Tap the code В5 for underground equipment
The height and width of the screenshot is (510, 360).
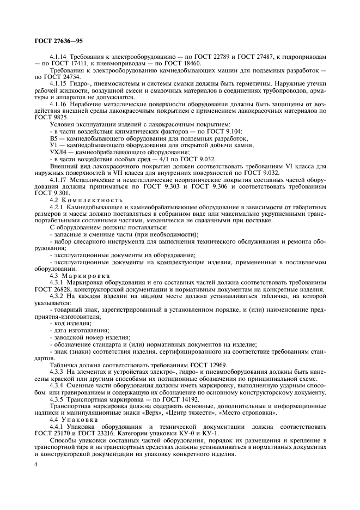(53, 138)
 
